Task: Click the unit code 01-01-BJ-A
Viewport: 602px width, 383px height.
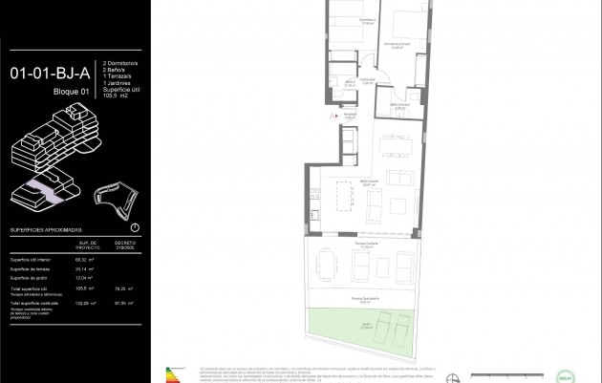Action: click(x=50, y=72)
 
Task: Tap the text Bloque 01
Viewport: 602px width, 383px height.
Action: click(x=72, y=91)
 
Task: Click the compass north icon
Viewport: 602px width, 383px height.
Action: click(x=134, y=228)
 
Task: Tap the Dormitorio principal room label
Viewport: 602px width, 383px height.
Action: click(x=397, y=45)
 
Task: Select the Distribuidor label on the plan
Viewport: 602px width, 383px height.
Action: click(x=367, y=79)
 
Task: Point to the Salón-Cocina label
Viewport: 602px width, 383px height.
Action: click(x=370, y=182)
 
